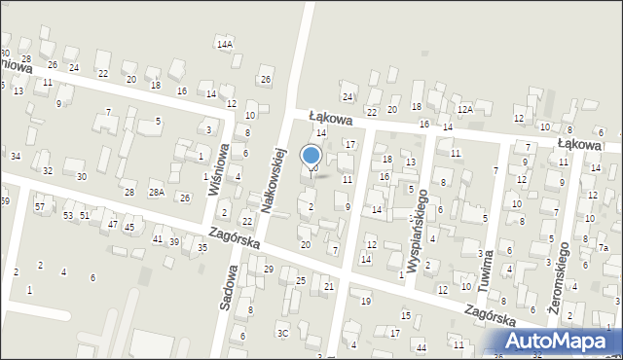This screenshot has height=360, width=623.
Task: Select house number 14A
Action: point(225,45)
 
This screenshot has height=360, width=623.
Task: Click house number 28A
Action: point(156,193)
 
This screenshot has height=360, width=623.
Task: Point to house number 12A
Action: point(465,110)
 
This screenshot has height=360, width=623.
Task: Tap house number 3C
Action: point(283,333)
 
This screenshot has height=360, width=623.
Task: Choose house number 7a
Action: point(604,248)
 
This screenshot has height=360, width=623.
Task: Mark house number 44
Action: point(421,347)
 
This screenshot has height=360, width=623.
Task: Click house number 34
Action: point(15,156)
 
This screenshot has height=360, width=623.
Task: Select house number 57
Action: point(40,207)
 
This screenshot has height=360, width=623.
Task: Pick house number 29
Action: point(269,269)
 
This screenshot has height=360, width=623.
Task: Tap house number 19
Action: point(365,302)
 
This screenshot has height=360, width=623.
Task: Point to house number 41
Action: point(157,238)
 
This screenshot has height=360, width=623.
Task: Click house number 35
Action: point(202,247)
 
